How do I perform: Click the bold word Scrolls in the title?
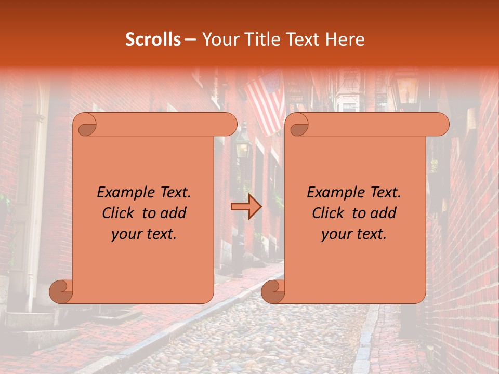tap(153, 39)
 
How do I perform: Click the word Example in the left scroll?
tap(124, 193)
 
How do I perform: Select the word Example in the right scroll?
tap(334, 193)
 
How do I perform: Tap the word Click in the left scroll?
tap(119, 213)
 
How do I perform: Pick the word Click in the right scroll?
tap(329, 213)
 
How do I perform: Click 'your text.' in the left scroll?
tap(144, 234)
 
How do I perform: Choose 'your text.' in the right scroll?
tap(354, 234)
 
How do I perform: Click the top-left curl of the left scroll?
tap(85, 125)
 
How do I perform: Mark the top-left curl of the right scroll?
tap(297, 125)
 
